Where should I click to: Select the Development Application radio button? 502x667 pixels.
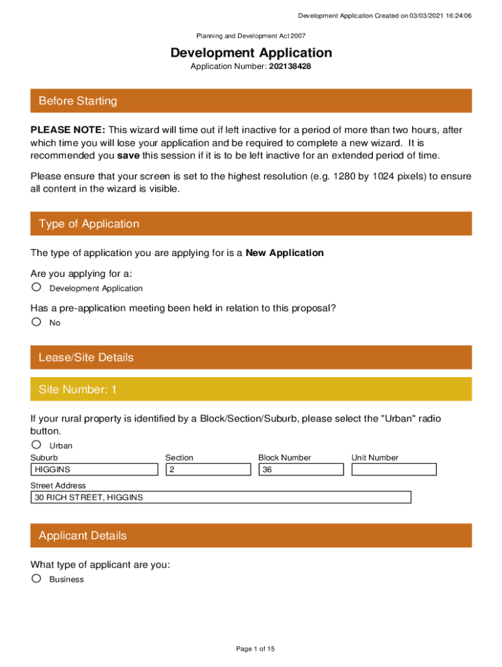coord(37,287)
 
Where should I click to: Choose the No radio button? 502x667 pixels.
coord(37,322)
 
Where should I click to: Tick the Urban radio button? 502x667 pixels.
coord(37,445)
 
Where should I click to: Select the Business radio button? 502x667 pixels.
coord(37,578)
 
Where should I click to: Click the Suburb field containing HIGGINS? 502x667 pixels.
coord(94,470)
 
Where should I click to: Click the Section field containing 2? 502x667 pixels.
coord(208,470)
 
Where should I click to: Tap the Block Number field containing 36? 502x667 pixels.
coord(301,470)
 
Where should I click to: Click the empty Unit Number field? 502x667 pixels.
coord(394,470)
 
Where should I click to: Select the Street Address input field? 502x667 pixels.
coord(221,498)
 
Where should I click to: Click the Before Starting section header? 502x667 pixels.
coord(251,101)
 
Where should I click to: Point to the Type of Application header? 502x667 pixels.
coord(251,223)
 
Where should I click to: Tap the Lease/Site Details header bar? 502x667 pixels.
coord(251,358)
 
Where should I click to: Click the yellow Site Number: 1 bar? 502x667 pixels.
coord(251,390)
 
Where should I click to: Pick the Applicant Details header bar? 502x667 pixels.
coord(251,535)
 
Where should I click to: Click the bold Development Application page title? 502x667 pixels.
coord(251,53)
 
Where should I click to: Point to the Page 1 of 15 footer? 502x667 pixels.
coord(256,649)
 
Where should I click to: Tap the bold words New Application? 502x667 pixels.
coord(284,253)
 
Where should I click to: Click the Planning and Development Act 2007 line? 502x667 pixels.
coord(251,36)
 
